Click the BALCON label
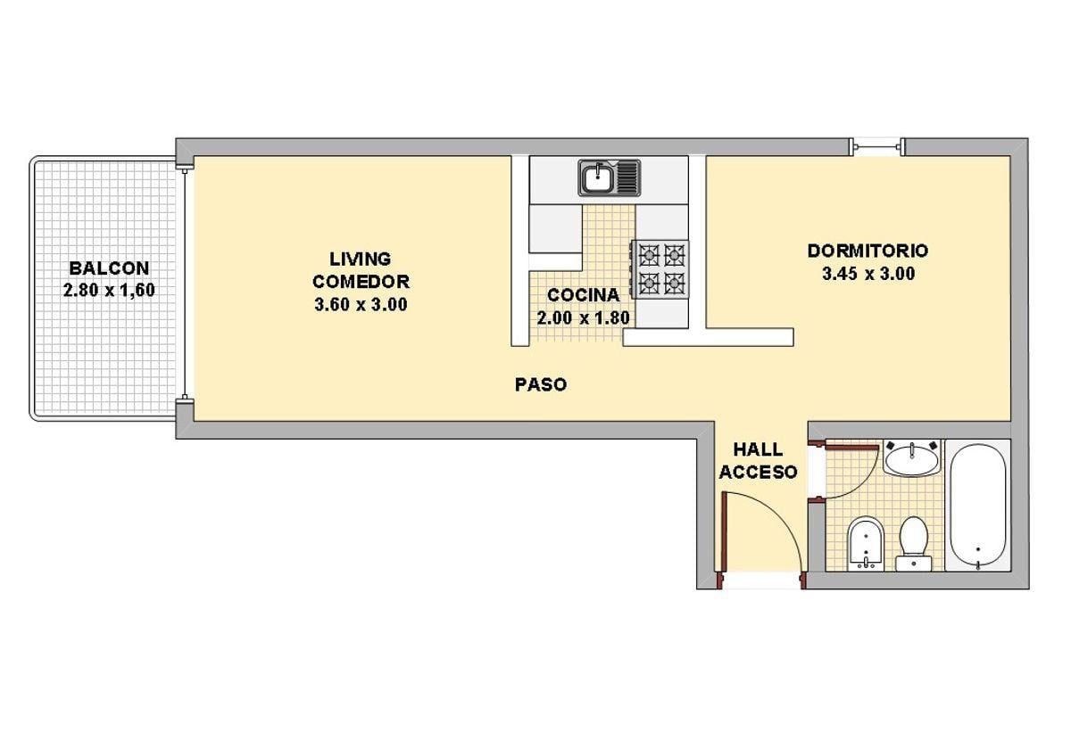[109, 268]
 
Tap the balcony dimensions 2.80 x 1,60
[109, 290]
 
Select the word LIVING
[360, 259]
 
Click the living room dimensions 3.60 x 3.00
[361, 304]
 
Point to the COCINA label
[584, 295]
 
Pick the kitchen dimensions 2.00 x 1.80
[584, 317]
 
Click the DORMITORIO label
[868, 251]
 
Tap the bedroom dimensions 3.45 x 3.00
[868, 274]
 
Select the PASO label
[541, 384]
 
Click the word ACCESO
[758, 473]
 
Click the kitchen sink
[609, 177]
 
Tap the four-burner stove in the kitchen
[660, 269]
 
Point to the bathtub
[978, 506]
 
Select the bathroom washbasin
[911, 458]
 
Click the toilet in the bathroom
[913, 544]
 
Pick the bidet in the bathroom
[865, 544]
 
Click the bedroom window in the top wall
[877, 146]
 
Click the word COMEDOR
[361, 282]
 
